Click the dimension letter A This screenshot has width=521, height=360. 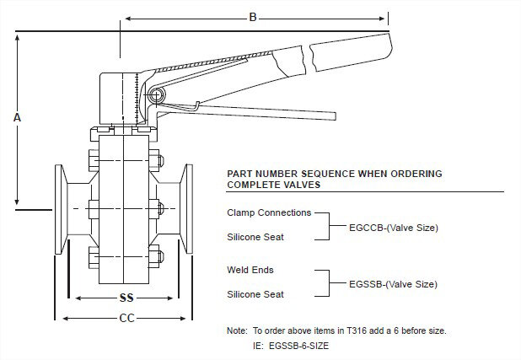click(x=17, y=119)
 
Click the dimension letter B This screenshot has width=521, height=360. click(x=252, y=17)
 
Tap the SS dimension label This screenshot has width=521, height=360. click(x=126, y=298)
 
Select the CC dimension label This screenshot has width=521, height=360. click(x=126, y=318)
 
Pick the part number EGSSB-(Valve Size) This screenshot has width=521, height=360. click(x=393, y=283)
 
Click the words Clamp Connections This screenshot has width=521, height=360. click(x=269, y=212)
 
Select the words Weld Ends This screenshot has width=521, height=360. click(x=251, y=271)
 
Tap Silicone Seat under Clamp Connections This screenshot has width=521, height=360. click(x=255, y=237)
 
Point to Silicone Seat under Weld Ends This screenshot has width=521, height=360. click(x=255, y=295)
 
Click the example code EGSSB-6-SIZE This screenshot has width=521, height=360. click(x=306, y=345)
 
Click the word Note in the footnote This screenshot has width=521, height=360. click(x=237, y=330)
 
